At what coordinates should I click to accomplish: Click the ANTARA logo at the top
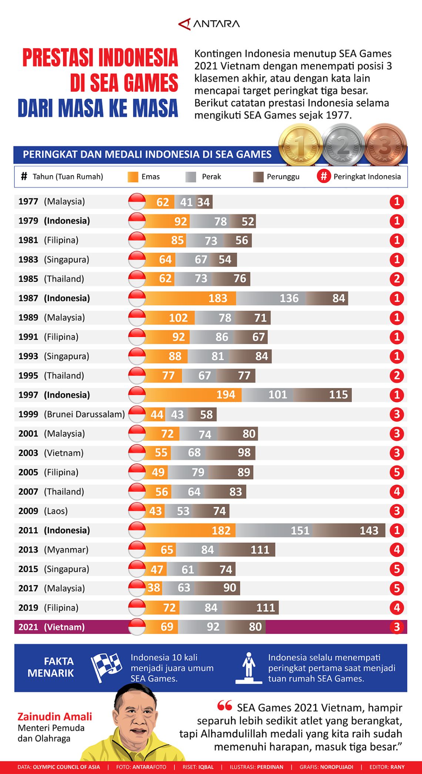click(209, 24)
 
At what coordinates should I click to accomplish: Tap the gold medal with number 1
click(300, 145)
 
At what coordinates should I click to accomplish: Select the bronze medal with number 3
click(385, 145)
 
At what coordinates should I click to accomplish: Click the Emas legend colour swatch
click(133, 177)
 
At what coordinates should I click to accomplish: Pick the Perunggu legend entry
click(276, 177)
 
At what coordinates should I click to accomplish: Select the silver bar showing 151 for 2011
click(274, 530)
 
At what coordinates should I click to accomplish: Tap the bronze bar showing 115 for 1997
click(322, 395)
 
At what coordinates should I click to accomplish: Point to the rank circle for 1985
click(396, 279)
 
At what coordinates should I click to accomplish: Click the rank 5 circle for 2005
click(396, 472)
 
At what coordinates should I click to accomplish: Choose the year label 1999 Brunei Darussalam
click(71, 414)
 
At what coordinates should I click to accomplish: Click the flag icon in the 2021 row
click(137, 627)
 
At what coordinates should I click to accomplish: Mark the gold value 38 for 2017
click(154, 588)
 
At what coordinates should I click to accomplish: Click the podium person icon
click(249, 667)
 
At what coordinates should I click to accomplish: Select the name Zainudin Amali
click(55, 717)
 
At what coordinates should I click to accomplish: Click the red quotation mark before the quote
click(225, 706)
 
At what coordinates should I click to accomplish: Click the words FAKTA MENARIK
click(51, 667)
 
